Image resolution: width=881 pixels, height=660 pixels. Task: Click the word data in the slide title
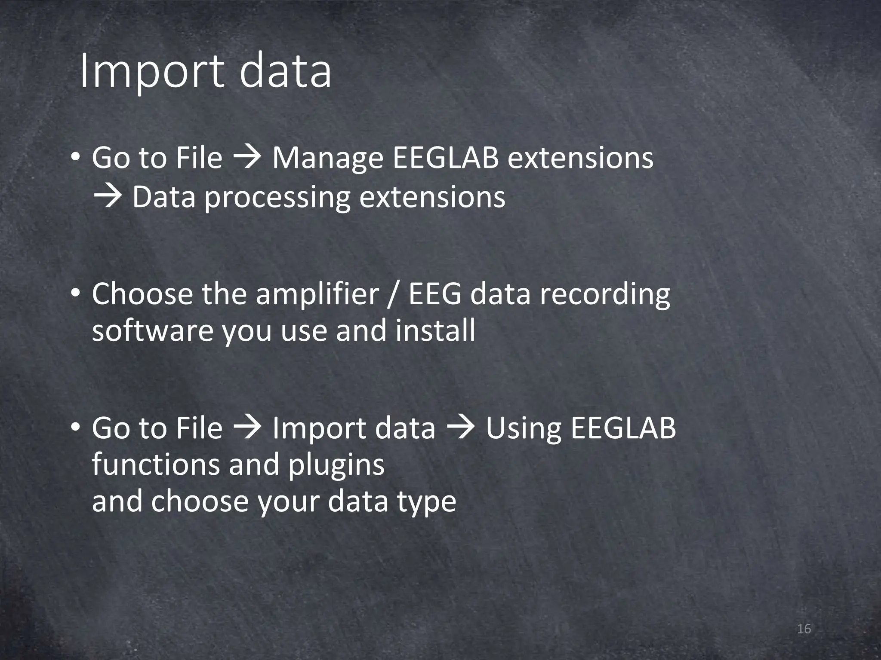(x=285, y=71)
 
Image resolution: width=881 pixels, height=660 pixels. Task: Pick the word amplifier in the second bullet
(x=317, y=294)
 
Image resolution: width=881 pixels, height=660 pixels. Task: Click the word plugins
(x=336, y=466)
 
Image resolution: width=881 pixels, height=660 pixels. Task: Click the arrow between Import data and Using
(x=461, y=428)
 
